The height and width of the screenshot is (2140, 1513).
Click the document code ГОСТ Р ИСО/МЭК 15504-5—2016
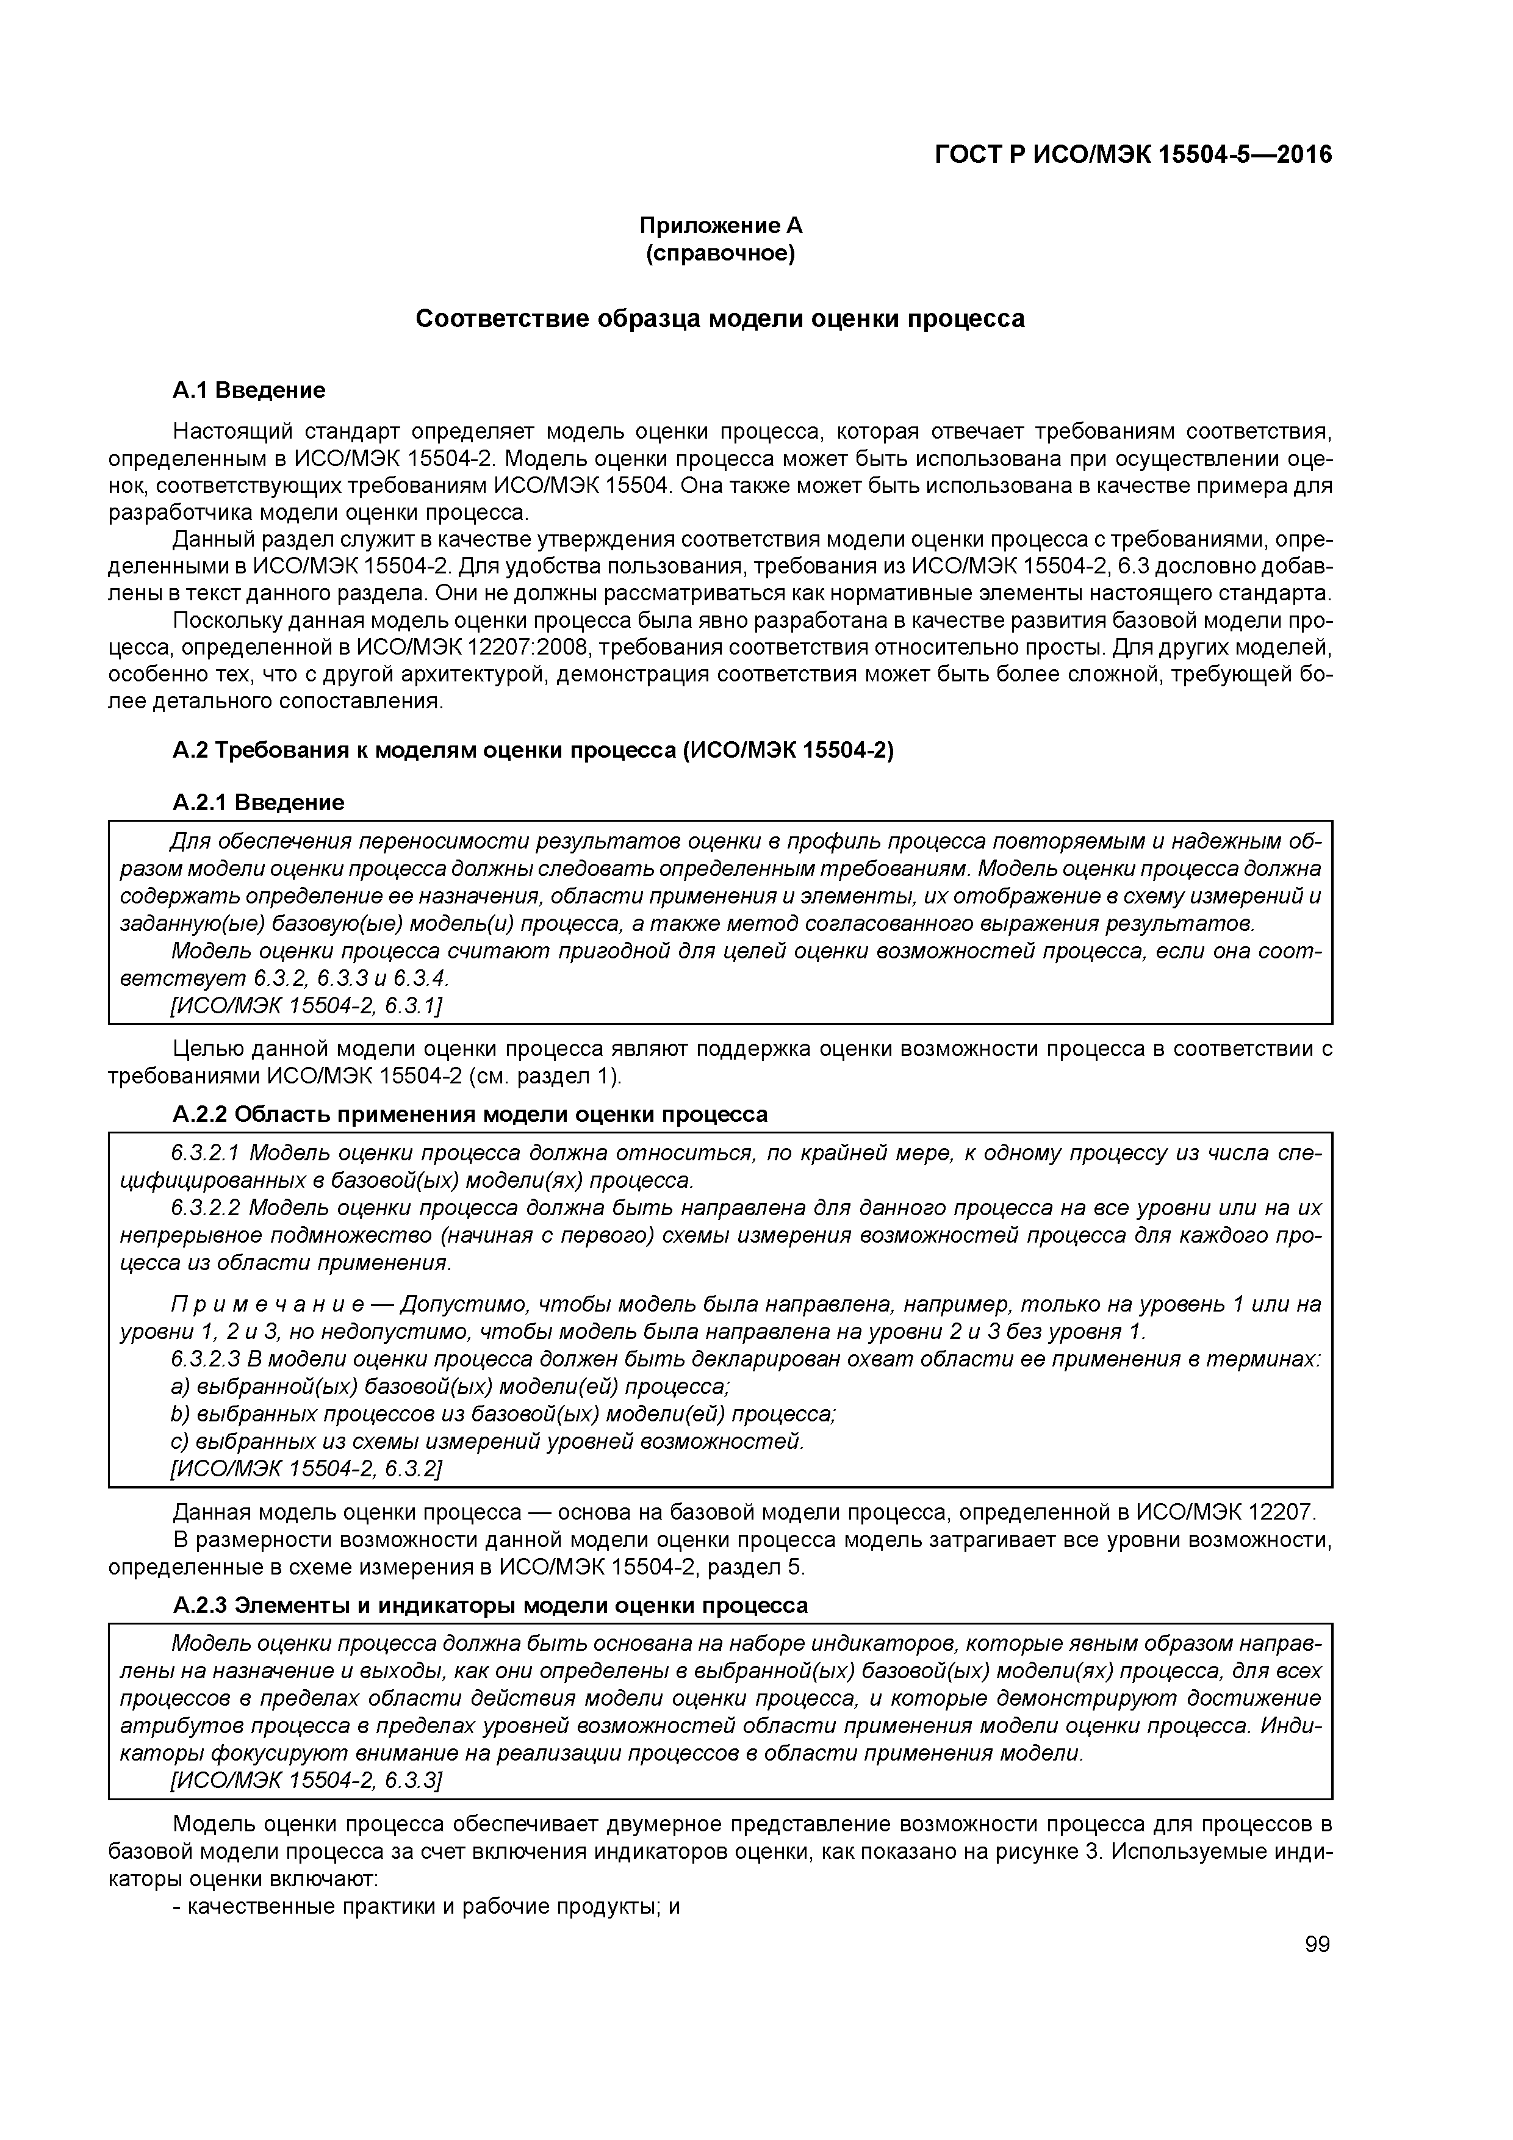pos(1133,155)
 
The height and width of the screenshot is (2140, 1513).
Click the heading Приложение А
pos(720,226)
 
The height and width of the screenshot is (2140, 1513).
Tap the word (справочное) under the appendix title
pos(720,254)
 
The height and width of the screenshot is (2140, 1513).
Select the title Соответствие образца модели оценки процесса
pos(720,319)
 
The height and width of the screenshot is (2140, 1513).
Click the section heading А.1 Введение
pos(249,390)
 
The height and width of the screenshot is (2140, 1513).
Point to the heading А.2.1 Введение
pos(258,803)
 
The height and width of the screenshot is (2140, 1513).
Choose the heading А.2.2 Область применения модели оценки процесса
pos(470,1115)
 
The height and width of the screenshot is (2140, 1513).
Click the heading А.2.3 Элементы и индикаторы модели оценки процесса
pos(491,1606)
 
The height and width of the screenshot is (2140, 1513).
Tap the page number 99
pos(1317,1944)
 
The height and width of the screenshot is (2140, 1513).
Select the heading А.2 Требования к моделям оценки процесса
pos(533,751)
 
